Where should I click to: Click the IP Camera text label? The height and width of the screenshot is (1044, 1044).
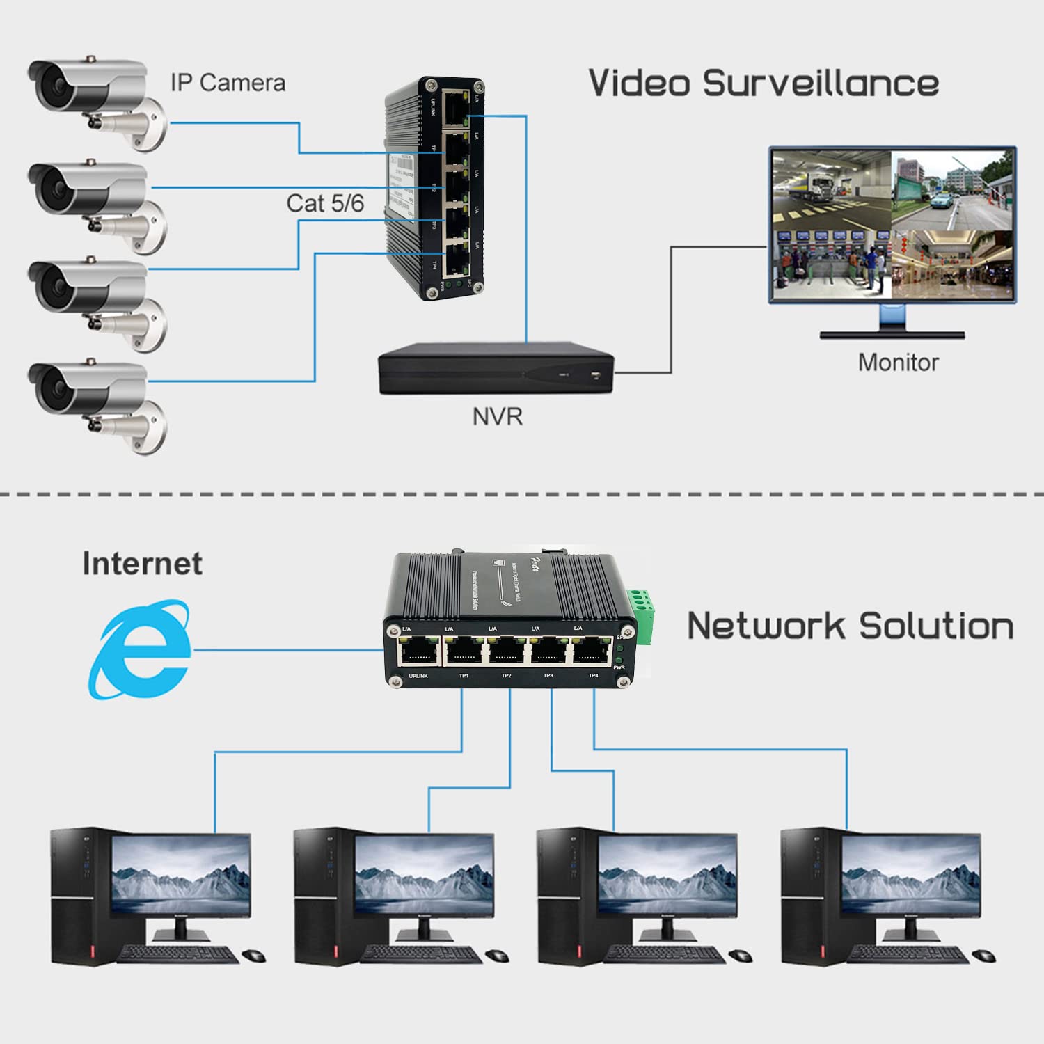(x=228, y=83)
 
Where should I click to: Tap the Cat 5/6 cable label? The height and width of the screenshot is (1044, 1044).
(x=324, y=203)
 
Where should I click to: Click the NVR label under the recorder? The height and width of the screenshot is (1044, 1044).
(x=497, y=416)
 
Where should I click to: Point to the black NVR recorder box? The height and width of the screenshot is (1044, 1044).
(x=496, y=368)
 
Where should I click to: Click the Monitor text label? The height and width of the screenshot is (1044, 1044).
(x=898, y=362)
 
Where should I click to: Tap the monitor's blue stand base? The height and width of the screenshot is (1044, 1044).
(x=892, y=333)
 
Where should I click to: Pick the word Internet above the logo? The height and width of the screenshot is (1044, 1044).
(x=142, y=563)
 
